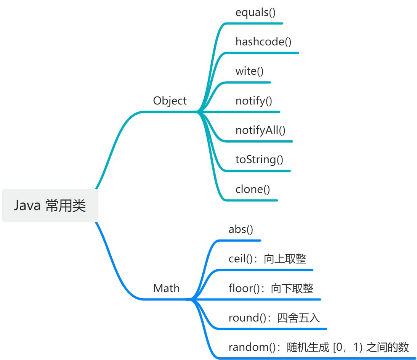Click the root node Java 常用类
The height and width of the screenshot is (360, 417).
point(50,206)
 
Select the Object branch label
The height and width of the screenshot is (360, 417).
point(170,101)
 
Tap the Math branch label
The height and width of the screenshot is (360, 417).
point(166,288)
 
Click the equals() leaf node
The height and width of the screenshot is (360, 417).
point(255,12)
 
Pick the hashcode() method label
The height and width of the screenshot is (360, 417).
point(263,42)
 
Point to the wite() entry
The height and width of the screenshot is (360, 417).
point(249,71)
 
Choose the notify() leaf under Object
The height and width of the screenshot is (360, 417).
point(254,101)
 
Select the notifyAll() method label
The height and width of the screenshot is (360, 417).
point(260,130)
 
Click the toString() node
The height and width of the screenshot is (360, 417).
point(259,159)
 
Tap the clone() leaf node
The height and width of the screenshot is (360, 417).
point(253,189)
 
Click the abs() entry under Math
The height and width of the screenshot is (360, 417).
point(241,230)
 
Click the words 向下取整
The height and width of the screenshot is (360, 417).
point(292,288)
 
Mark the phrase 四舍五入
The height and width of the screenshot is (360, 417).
point(298,318)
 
